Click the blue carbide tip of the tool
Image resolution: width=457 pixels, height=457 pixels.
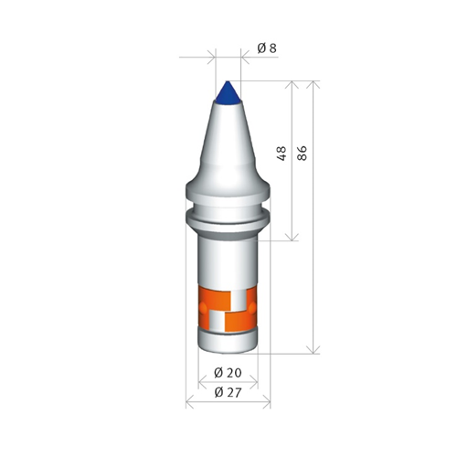pos(228,93)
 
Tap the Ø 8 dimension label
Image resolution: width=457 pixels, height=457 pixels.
pos(267,48)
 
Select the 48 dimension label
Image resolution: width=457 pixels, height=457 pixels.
pos(282,154)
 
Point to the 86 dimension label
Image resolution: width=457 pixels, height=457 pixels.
pos(302,154)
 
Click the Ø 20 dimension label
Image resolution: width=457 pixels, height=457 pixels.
pos(228,373)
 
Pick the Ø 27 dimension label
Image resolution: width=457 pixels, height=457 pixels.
pos(228,392)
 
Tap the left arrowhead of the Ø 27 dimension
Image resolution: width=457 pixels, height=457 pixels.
pos(189,402)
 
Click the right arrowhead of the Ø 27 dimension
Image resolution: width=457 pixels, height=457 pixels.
pos(267,402)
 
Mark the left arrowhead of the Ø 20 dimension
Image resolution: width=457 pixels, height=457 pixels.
pos(202,382)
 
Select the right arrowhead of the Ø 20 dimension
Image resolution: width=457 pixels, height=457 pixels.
pos(254,382)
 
